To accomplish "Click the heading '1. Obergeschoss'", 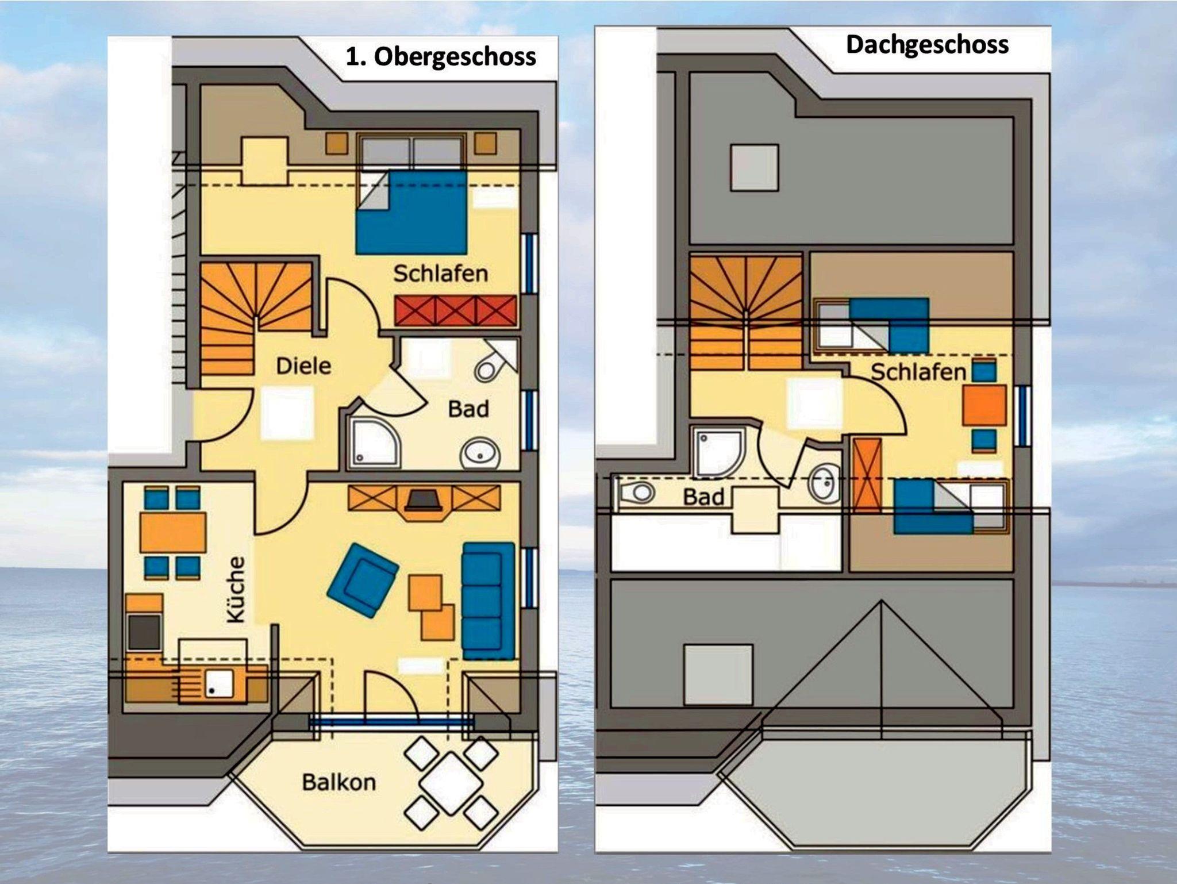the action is (x=441, y=57).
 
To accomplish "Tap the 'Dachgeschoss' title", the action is (x=927, y=45).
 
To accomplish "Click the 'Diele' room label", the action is (x=303, y=366).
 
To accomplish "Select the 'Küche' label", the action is (x=236, y=589).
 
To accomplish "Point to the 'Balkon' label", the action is (x=339, y=782).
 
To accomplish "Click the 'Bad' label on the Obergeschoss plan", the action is (x=468, y=409).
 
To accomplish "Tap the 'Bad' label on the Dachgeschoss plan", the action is (x=703, y=497).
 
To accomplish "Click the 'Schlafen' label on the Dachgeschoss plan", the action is (x=918, y=372).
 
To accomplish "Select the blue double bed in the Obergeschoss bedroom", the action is (x=411, y=212).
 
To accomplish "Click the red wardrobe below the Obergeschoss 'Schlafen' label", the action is (x=456, y=310).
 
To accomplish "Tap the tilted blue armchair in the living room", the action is (x=363, y=581).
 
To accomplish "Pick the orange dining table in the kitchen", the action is (x=173, y=532).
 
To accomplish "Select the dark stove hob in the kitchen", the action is (x=144, y=632).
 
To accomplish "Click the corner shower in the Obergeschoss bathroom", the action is (x=372, y=441).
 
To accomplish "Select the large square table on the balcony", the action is (x=451, y=783).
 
